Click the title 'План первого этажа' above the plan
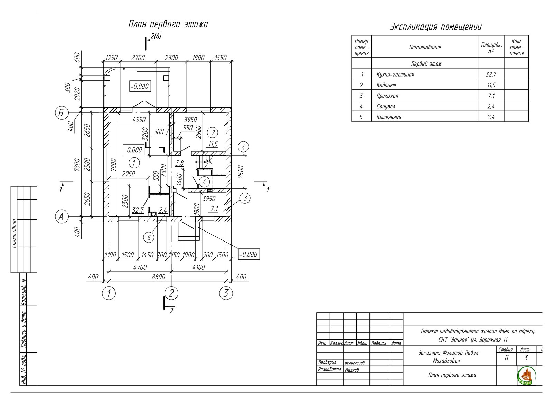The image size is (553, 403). point(168,24)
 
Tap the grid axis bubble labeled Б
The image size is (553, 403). point(61,113)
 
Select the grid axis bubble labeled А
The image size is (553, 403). point(61,217)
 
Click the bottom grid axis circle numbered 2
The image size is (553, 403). point(171,293)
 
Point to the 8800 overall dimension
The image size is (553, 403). point(158,277)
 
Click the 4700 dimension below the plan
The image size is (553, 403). point(140,267)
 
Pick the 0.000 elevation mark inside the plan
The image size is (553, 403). point(134,150)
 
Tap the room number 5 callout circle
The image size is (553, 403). point(149,238)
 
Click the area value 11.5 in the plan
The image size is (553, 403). point(213,144)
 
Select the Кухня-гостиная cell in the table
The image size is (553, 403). point(395,75)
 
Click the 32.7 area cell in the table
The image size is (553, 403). point(491,75)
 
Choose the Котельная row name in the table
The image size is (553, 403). point(388,117)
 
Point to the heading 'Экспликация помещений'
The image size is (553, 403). point(435,27)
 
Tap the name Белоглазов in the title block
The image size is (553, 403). point(355,363)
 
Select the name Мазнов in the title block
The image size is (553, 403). point(352,370)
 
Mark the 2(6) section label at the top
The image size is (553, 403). point(156,36)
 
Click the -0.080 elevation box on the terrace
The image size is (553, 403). point(140,87)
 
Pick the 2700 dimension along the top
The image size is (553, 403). point(138,58)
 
